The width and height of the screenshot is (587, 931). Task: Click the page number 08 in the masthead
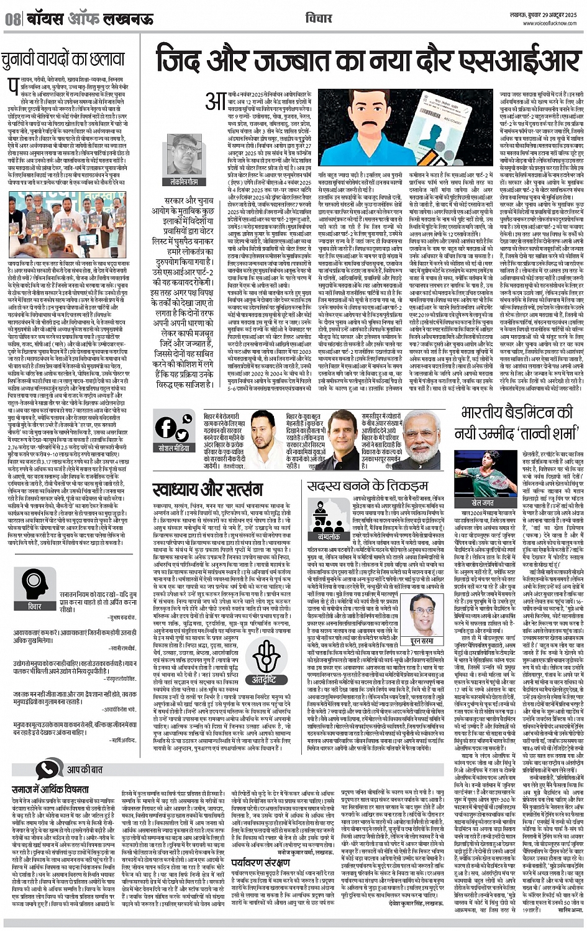click(12, 19)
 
